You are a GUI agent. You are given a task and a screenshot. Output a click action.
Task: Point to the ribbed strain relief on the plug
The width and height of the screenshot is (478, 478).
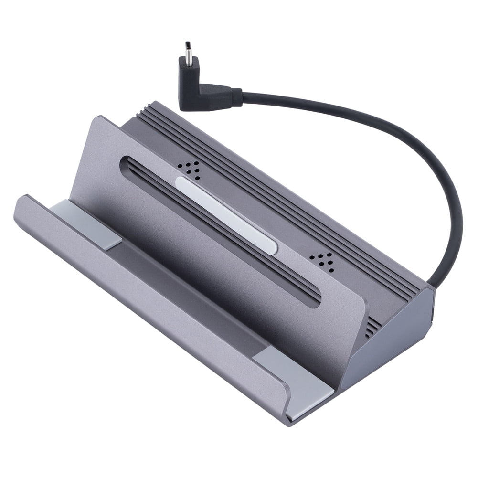(236, 97)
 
